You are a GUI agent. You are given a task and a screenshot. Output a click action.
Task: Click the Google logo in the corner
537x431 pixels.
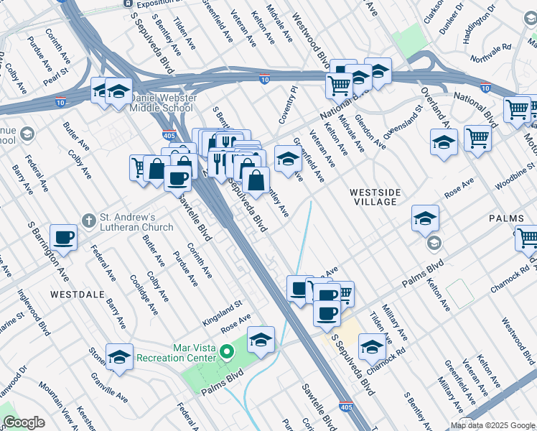tap(24, 422)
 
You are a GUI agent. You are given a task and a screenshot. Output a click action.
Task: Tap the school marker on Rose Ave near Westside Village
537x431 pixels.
tap(425, 218)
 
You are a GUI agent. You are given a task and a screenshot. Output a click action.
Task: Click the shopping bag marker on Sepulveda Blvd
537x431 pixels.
tap(256, 180)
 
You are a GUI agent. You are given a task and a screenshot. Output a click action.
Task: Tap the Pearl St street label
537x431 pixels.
tap(55, 74)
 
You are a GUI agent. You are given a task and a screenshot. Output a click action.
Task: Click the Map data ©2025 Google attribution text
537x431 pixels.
tap(492, 425)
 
